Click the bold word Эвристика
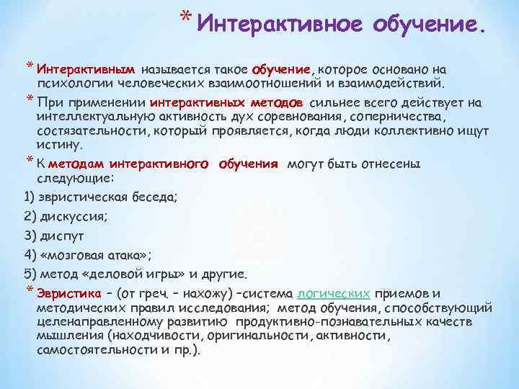(x=68, y=294)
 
